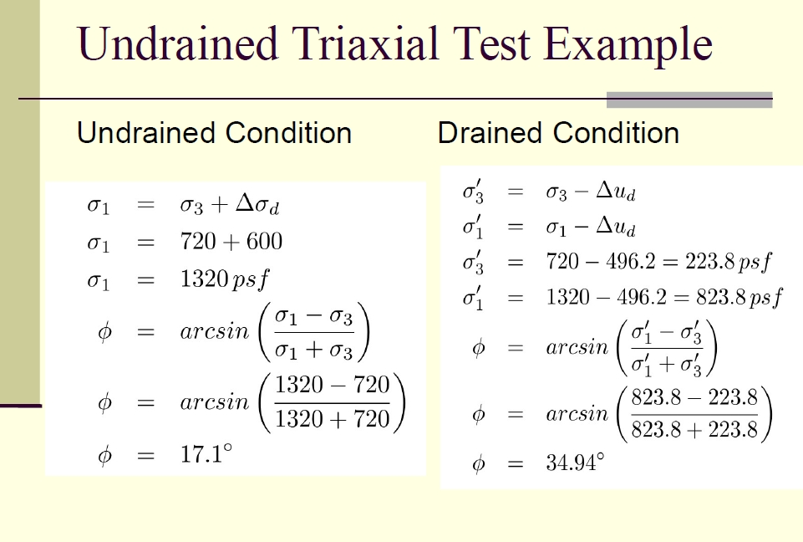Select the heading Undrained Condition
coord(214,133)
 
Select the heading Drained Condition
coord(558,133)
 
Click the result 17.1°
coord(206,454)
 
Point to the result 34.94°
coord(575,463)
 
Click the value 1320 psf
coord(224,279)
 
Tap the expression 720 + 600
coord(231,241)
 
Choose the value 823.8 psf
coord(739,298)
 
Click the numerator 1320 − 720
coord(333,385)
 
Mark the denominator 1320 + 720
coord(333,419)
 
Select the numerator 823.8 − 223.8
coord(694,397)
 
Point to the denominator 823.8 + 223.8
coord(694,429)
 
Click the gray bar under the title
coord(689,100)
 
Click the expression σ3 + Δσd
coord(230,205)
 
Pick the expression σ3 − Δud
coord(591,192)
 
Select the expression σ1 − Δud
coord(591,228)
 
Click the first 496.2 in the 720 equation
coord(630,262)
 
